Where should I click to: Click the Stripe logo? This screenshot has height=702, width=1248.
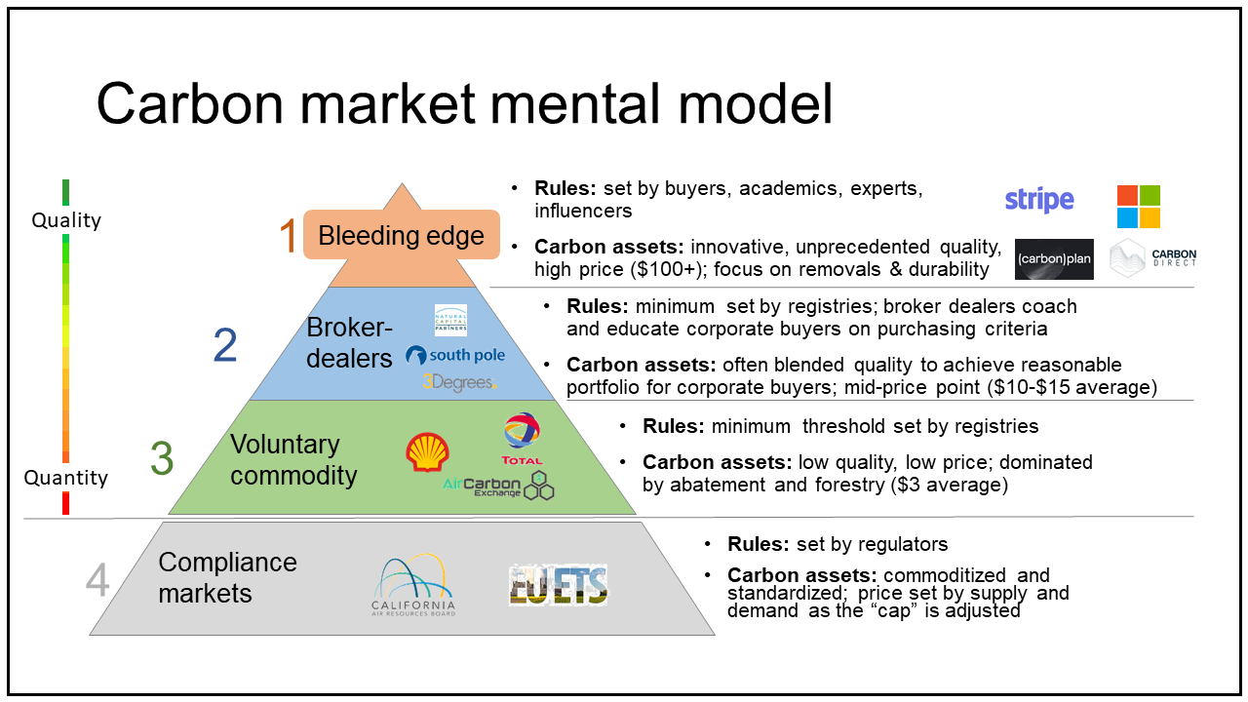(1039, 201)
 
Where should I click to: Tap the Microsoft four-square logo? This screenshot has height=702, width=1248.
(1138, 207)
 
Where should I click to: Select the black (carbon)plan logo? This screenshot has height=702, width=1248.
(1054, 259)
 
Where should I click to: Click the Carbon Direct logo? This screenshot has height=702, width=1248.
(1153, 258)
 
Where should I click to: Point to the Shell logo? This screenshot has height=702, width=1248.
(427, 453)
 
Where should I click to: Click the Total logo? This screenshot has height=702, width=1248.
(522, 438)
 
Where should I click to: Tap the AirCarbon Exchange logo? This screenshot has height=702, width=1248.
(498, 485)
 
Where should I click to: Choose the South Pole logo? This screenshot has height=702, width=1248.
(455, 355)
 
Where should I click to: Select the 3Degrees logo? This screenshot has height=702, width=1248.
(459, 382)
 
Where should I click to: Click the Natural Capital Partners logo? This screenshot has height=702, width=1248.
(450, 320)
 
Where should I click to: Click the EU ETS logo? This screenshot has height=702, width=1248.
(559, 585)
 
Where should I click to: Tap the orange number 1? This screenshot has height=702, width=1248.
(288, 237)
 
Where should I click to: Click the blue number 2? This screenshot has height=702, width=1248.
(225, 346)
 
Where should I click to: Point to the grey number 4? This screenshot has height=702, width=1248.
(97, 580)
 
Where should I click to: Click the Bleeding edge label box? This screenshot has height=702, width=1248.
(401, 235)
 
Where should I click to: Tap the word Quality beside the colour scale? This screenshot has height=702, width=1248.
(66, 220)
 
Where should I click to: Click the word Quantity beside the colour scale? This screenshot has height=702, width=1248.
(66, 478)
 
